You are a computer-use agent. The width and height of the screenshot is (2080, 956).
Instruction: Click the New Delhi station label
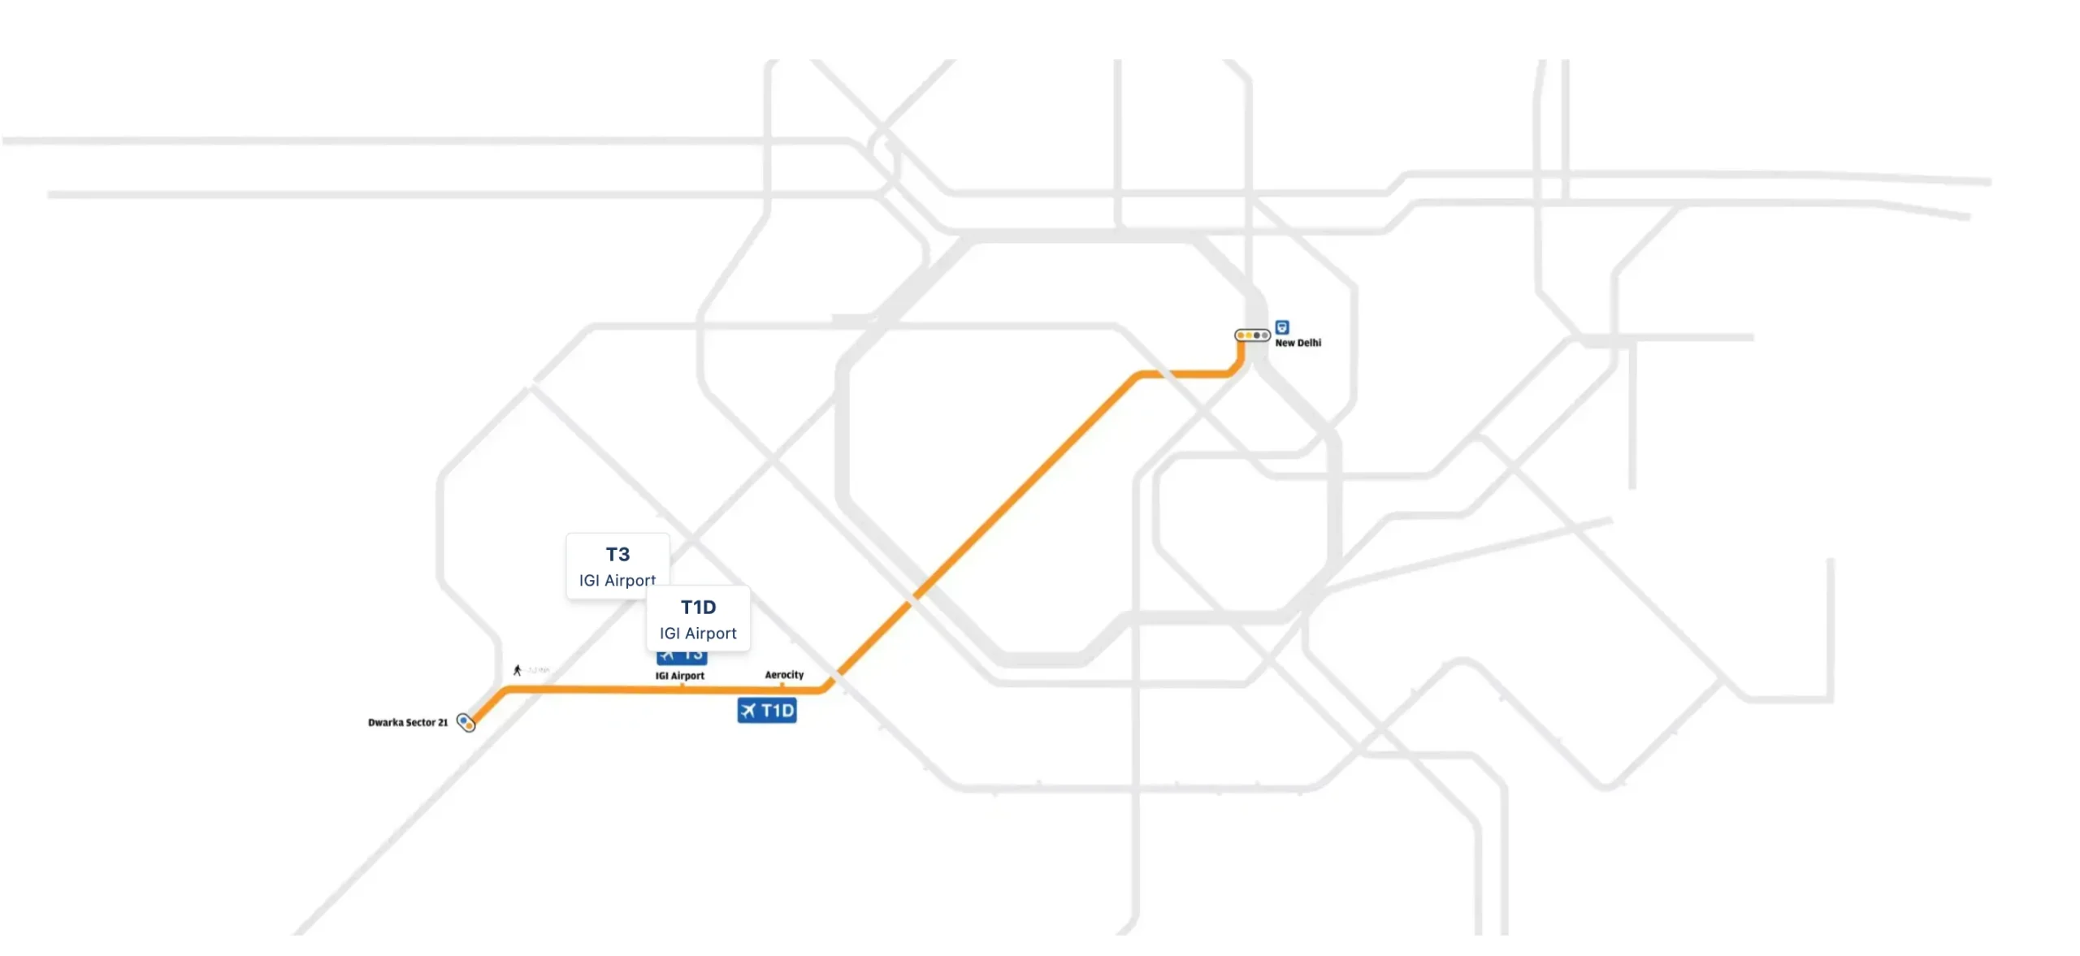(1298, 343)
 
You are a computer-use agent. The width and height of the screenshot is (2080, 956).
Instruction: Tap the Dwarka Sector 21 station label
(408, 722)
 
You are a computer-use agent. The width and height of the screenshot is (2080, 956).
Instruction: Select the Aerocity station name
(784, 674)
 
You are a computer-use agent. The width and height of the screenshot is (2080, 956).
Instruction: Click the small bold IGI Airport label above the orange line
(680, 675)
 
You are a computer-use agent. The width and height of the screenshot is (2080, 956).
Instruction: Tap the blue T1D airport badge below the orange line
(767, 711)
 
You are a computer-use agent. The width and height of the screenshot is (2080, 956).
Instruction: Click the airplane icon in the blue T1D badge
(748, 711)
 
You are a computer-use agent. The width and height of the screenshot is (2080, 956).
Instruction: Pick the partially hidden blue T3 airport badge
(682, 656)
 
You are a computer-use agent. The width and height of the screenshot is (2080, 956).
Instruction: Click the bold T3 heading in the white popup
(617, 554)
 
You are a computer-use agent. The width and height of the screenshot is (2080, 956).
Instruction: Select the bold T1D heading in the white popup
(698, 607)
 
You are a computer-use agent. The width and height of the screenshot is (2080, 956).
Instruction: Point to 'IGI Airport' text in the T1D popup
(698, 633)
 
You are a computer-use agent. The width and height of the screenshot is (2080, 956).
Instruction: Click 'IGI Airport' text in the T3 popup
(617, 580)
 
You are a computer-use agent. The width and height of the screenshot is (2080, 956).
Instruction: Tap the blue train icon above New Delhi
(1282, 327)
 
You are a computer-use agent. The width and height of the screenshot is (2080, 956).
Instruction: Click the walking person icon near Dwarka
(517, 670)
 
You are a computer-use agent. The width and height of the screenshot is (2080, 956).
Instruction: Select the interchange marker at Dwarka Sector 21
(466, 722)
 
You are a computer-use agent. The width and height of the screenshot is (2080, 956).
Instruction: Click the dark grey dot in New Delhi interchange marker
(1257, 335)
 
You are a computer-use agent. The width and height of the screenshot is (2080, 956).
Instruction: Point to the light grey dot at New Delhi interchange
(1265, 335)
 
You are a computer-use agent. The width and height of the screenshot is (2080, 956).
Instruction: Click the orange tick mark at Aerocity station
(782, 686)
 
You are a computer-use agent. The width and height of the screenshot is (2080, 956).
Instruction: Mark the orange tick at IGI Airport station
(682, 686)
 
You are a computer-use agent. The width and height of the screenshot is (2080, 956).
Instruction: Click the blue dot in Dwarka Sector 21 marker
(463, 720)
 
